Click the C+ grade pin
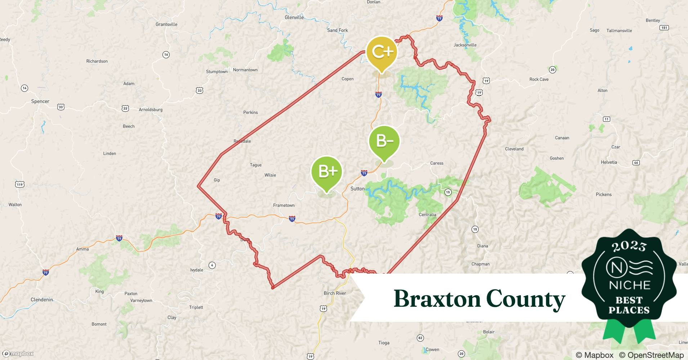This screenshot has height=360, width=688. (381, 53)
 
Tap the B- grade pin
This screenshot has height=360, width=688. (384, 141)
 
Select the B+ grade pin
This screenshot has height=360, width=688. (327, 172)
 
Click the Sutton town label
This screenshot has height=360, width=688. (357, 189)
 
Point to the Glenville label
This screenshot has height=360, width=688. (294, 17)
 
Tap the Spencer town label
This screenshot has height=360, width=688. (40, 102)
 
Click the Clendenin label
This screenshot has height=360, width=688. (42, 300)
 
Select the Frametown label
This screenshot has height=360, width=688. (284, 205)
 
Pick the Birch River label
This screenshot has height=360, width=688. (335, 293)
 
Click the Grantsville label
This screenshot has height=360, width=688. (166, 24)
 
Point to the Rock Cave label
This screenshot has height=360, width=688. (539, 79)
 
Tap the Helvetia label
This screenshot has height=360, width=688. (609, 162)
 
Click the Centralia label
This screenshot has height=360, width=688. (427, 215)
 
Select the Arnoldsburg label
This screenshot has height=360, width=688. (151, 109)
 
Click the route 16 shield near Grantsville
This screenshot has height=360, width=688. (166, 55)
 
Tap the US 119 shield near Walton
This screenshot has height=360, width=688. (19, 185)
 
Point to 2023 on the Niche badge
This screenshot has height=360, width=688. (629, 246)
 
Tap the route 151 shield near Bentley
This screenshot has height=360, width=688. (664, 28)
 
